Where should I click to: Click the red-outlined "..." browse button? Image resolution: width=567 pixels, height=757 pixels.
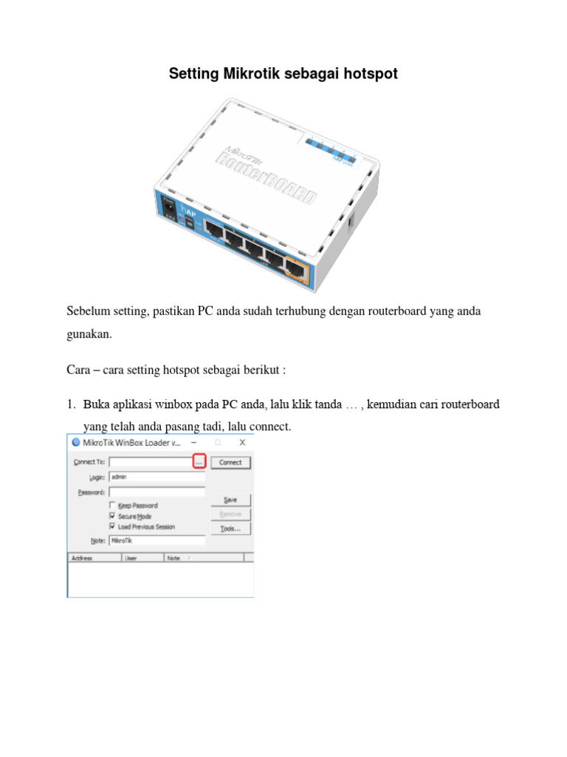click(x=199, y=462)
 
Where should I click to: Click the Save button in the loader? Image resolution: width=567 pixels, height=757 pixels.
click(x=230, y=500)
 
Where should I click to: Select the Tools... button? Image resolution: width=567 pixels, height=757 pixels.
click(x=230, y=529)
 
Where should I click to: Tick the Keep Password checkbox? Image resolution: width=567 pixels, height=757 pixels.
click(x=112, y=506)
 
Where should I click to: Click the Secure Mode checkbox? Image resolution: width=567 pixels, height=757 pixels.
click(x=112, y=516)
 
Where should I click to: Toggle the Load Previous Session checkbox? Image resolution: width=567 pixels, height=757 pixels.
click(x=112, y=526)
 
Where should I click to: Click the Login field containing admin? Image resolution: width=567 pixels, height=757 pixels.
click(x=157, y=477)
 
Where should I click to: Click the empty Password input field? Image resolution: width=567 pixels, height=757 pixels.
click(x=157, y=492)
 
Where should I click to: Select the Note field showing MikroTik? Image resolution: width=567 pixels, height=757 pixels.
click(x=157, y=540)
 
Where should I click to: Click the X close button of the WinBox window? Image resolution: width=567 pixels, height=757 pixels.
click(x=242, y=442)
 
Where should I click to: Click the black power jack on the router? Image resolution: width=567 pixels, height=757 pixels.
click(x=171, y=211)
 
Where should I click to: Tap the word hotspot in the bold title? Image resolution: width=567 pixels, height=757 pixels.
click(x=370, y=74)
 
